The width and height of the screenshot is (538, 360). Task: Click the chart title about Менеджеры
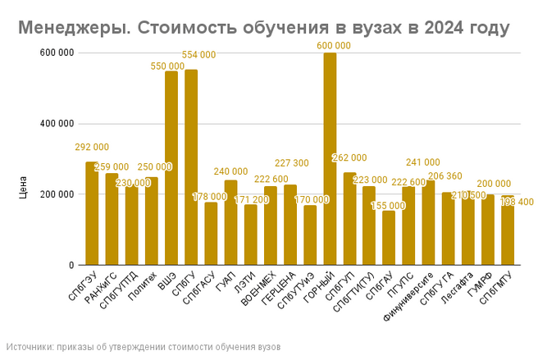[x=263, y=29]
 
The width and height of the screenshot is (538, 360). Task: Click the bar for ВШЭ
[x=171, y=168]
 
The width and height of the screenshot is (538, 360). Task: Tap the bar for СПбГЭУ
[x=92, y=213]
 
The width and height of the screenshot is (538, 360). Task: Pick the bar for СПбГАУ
[x=390, y=238]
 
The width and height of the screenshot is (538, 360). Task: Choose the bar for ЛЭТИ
[x=251, y=235]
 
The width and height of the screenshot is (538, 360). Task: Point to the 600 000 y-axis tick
[x=57, y=52]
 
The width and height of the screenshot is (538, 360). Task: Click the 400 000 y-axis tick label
[x=57, y=124]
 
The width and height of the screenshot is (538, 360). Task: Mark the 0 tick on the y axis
[x=71, y=266]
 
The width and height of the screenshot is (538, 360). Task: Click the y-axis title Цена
[x=24, y=186]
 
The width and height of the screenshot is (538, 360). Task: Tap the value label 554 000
[x=198, y=55]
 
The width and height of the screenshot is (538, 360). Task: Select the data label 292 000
[x=92, y=148]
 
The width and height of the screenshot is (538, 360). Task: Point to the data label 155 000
[x=389, y=206]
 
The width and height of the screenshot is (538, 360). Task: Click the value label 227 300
[x=292, y=163]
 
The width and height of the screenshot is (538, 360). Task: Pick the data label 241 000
[x=423, y=162]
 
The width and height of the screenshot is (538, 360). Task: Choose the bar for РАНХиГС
[x=112, y=219]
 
